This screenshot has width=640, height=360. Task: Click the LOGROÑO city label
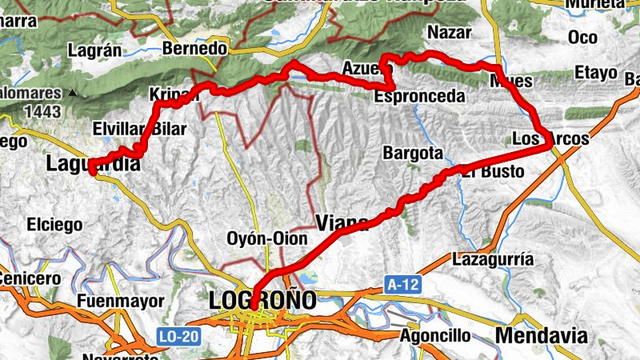click(x=262, y=301)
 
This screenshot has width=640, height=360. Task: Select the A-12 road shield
click(x=402, y=284)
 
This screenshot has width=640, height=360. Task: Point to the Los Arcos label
click(x=550, y=138)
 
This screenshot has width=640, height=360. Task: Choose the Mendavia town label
click(x=541, y=335)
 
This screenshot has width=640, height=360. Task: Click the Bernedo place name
click(x=194, y=49)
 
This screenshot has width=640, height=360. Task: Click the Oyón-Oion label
click(x=268, y=239)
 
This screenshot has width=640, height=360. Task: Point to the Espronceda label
click(x=420, y=96)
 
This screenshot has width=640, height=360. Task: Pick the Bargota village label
click(x=413, y=152)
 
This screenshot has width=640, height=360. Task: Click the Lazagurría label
click(x=493, y=259)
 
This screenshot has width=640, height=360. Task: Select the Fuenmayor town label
click(x=121, y=301)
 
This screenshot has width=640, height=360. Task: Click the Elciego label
click(x=54, y=225)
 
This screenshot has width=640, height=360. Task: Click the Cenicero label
click(x=29, y=278)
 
